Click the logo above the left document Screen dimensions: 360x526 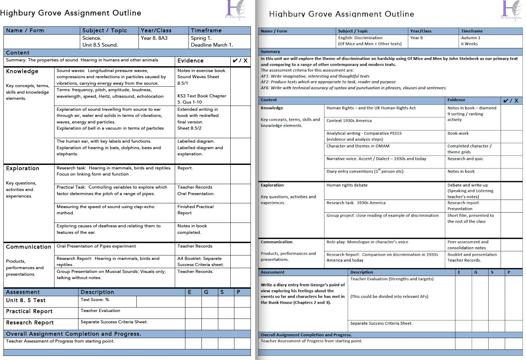pos(235,9)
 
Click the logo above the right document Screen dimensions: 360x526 pos(511,10)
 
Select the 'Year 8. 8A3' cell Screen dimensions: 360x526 pos(154,38)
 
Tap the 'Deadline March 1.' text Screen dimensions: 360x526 pos(212,45)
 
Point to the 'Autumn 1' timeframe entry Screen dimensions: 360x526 pos(470,38)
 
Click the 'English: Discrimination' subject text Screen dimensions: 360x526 pos(360,38)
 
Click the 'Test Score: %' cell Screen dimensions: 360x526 pos(95,300)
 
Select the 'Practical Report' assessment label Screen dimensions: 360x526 pos(29,311)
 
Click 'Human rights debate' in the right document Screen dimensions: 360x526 pos(347,185)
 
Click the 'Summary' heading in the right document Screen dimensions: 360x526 pos(270,52)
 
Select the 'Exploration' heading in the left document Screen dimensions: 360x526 pos(23,168)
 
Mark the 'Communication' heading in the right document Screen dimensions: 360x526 pos(277,242)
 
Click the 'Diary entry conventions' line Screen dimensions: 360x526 pos(365,171)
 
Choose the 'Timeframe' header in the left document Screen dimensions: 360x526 pos(206,31)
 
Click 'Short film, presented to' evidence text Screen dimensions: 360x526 pos(470,216)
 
